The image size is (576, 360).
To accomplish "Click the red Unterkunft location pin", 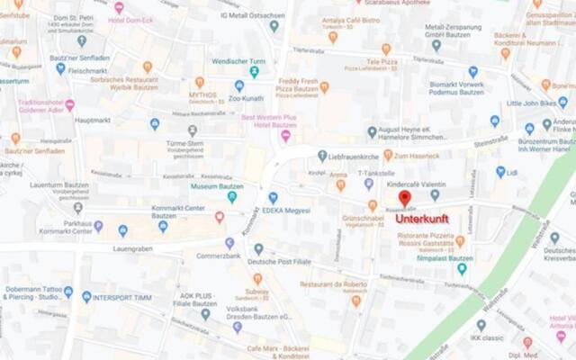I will tap(405, 198).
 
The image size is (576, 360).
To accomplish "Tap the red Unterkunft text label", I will tap(422, 219).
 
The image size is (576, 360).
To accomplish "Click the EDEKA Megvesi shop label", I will tap(285, 211).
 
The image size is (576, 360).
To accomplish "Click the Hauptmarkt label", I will tap(93, 120).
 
